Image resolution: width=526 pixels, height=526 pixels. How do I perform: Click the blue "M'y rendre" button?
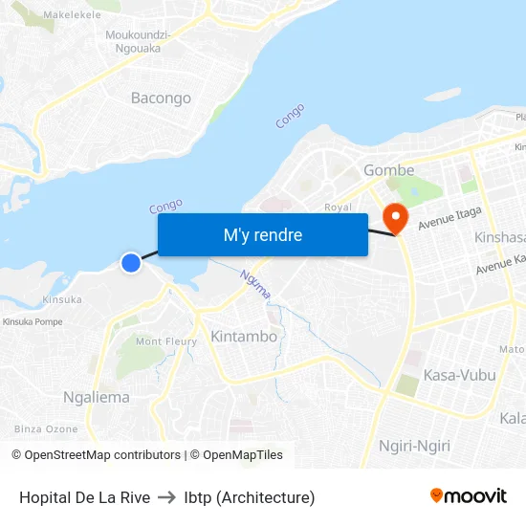[x=262, y=234]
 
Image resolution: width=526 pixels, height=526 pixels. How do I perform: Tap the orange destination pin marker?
[x=394, y=218]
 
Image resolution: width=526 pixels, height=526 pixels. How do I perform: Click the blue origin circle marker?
[x=131, y=261]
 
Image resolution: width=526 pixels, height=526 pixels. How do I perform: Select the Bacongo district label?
[x=161, y=98]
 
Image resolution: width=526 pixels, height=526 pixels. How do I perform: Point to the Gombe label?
[x=389, y=170]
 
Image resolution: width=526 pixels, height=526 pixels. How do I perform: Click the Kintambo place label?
[x=244, y=337]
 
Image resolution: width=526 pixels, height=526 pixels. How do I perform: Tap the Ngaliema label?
[x=96, y=397]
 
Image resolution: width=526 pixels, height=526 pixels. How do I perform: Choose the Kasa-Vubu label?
[x=460, y=375]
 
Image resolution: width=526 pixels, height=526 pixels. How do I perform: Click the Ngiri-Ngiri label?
[x=414, y=446]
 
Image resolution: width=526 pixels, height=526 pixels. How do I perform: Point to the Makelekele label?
[x=73, y=15]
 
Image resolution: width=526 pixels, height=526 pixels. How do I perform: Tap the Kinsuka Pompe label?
[x=33, y=322]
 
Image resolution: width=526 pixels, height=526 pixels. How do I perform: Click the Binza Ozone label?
[x=46, y=429]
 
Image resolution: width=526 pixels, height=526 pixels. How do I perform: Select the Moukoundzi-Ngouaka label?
[x=139, y=41]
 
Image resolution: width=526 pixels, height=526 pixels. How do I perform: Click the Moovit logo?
[x=468, y=495]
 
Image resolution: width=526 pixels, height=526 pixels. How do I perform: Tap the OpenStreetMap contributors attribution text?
[x=102, y=455]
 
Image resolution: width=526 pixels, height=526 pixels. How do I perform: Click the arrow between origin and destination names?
[x=167, y=497]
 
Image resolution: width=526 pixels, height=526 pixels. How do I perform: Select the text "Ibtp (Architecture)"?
[x=250, y=497]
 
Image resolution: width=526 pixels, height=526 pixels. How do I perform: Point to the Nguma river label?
[x=255, y=283]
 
